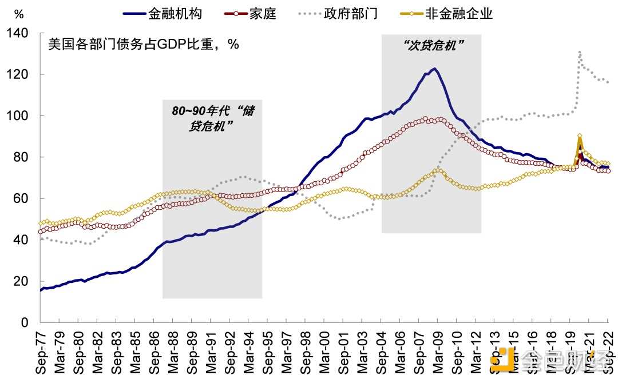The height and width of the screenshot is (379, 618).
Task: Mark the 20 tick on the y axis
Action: click(22, 281)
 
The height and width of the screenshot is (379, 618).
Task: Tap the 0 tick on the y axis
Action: click(25, 322)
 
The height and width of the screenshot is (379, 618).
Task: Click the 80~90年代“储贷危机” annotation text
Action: click(212, 118)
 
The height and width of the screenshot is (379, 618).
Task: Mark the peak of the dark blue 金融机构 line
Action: click(434, 69)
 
